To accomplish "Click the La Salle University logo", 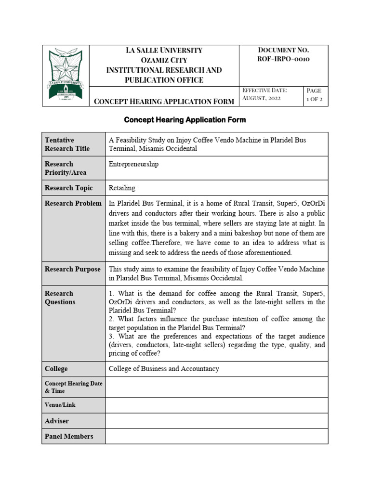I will point(66,76).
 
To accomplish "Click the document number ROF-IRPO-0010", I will point(283,59).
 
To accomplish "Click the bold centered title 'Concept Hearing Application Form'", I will point(185,119).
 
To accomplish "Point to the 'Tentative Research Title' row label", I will point(67,144).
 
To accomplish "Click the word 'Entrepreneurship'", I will point(133,164).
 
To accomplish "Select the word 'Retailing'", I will point(122,188).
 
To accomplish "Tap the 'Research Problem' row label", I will point(73,203).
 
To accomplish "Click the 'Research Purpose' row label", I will point(72,269).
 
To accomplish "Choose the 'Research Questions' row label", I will point(60,298).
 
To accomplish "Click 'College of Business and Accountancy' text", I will point(164,369).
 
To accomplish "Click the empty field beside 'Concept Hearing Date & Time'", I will point(216,387).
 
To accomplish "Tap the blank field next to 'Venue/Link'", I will point(216,405).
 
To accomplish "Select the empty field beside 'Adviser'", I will point(216,421).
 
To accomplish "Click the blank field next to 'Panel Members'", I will point(216,436).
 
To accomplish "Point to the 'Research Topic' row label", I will point(68,188).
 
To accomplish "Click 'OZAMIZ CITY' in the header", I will point(164,60).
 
